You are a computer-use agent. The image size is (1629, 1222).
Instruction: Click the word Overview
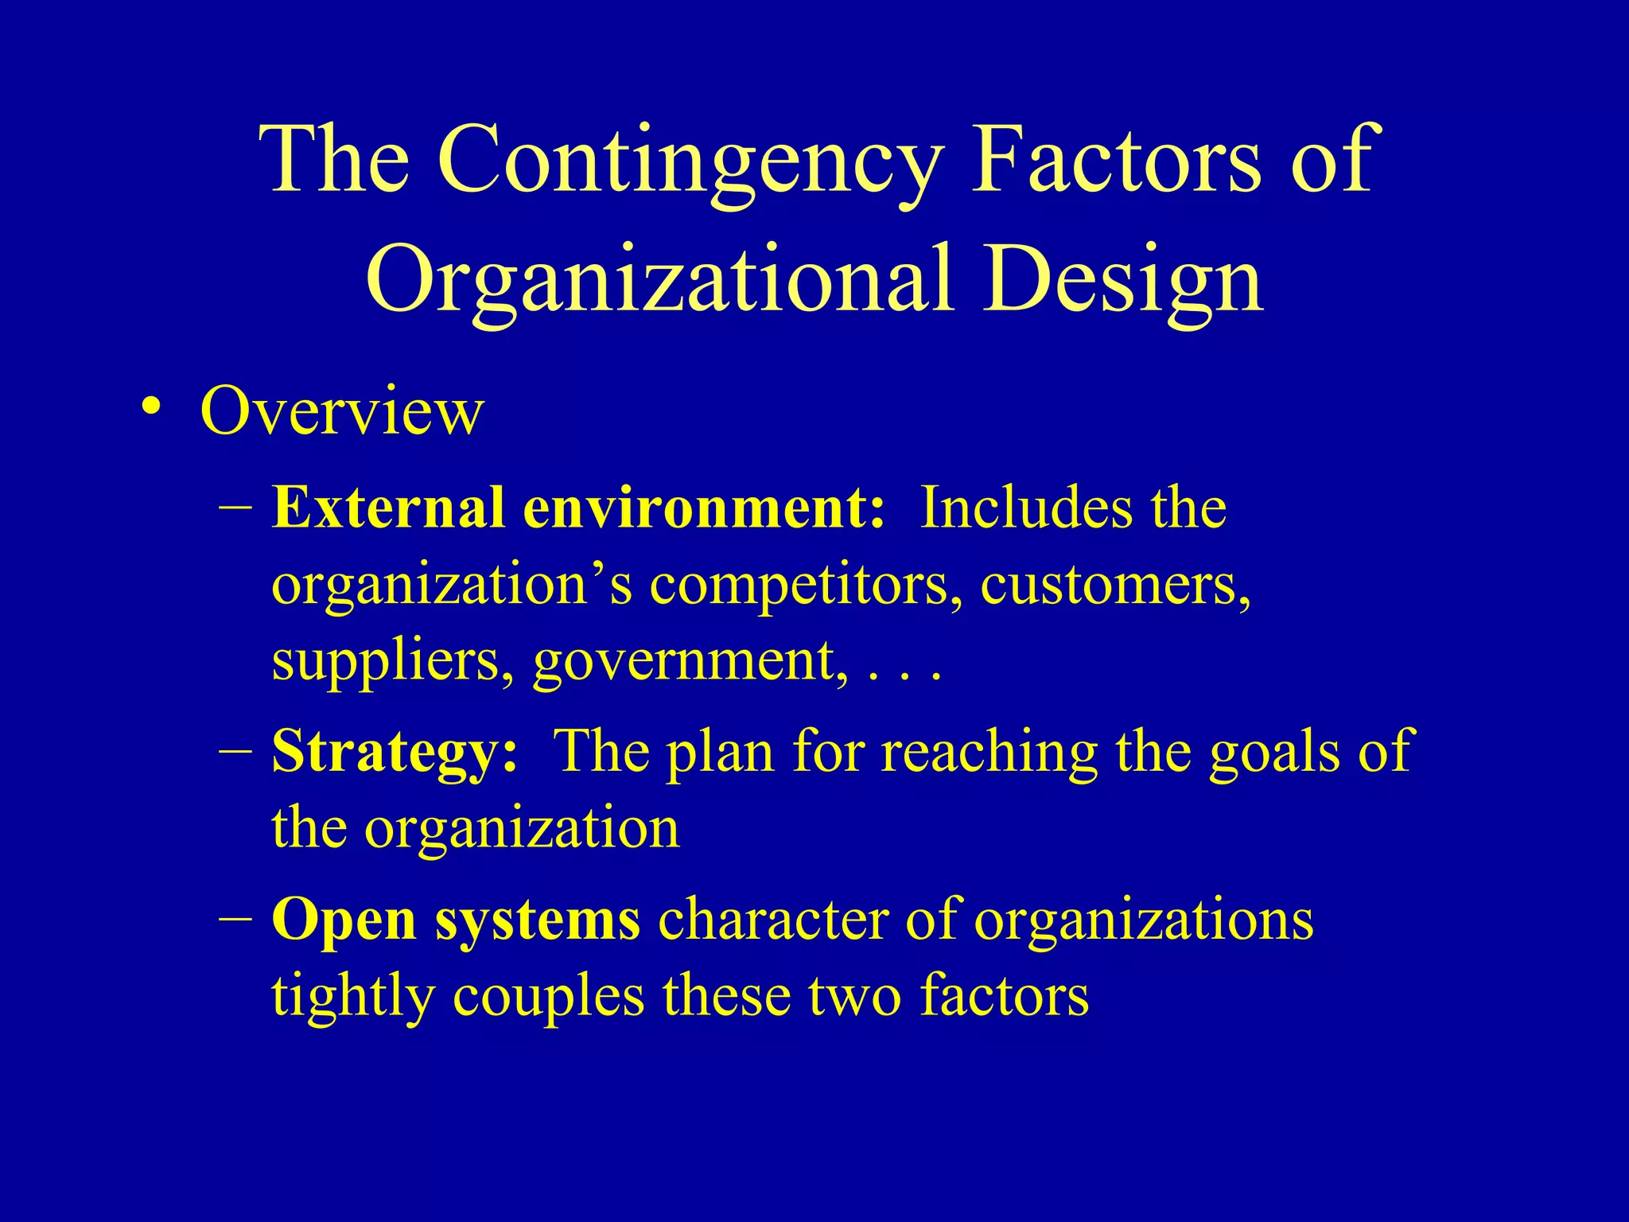341,411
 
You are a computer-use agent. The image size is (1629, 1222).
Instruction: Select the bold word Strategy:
395,752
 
